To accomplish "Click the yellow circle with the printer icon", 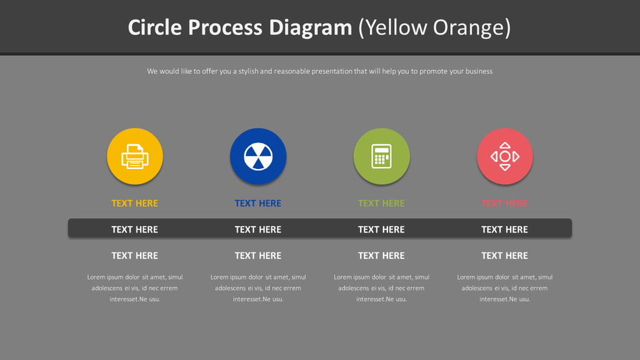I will coord(135,157).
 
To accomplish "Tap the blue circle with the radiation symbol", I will coord(258,157).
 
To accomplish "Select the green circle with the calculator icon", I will coord(382,157).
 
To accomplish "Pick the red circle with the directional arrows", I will coord(505,157).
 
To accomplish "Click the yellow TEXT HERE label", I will coord(135,203).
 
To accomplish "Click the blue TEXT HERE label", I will coord(258,203).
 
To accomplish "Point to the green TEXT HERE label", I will coord(382,203).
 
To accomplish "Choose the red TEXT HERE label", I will coord(505,203).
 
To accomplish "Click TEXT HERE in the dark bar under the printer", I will coord(135,229).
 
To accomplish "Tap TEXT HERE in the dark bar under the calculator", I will coord(382,229).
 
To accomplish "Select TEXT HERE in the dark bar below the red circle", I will coord(505,229).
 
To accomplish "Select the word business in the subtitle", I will coord(479,71).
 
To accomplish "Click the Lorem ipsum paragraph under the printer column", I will coord(135,288).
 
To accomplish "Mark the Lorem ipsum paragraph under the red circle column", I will coord(505,288).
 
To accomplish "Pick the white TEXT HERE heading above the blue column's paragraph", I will coord(258,256).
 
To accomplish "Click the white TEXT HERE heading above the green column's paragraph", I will coord(382,256).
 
